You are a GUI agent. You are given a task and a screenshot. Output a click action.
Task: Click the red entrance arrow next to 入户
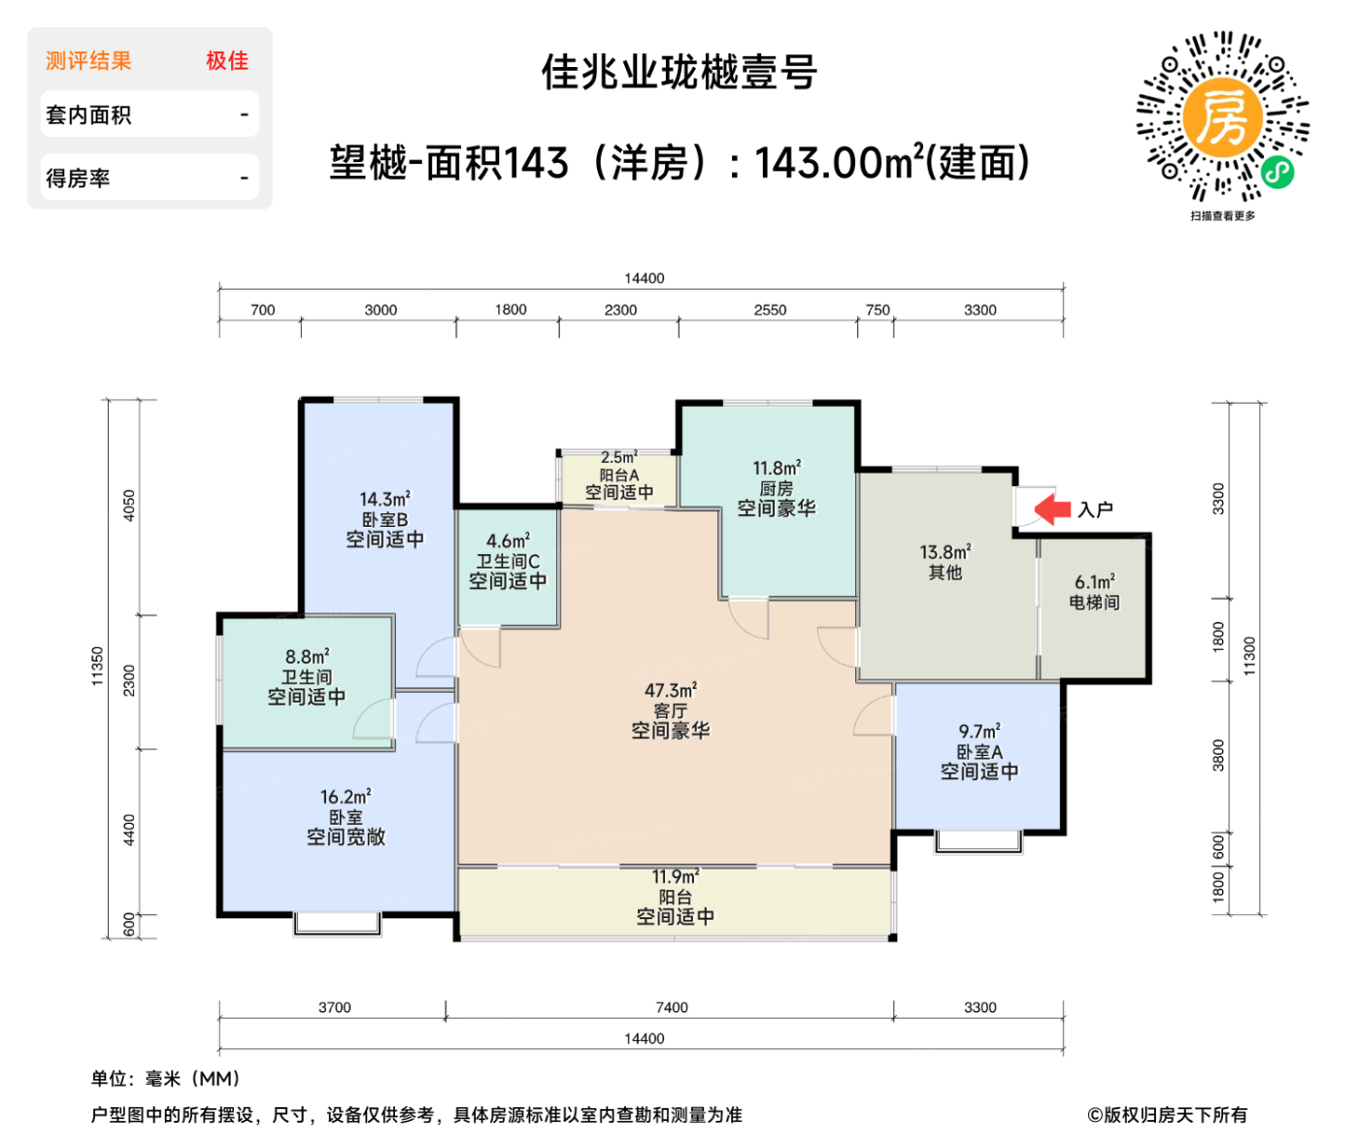[1052, 508]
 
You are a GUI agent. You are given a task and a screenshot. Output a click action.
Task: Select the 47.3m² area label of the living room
[671, 691]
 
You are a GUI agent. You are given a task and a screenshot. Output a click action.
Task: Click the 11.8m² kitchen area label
[777, 469]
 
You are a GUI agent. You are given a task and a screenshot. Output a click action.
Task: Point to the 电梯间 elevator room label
[1094, 603]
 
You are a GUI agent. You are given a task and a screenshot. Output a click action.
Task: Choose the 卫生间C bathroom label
[507, 561]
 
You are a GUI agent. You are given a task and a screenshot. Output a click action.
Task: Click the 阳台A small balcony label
[618, 476]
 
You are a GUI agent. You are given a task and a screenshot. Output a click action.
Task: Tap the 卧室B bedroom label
[384, 520]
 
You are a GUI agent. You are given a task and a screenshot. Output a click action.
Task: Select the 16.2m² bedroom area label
[346, 797]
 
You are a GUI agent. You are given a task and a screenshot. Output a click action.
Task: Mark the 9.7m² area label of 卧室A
[979, 732]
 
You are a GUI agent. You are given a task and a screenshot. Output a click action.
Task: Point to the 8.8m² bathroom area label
[307, 657]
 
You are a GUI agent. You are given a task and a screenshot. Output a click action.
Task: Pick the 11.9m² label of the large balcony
[675, 877]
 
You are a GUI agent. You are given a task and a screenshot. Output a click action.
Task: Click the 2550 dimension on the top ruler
[770, 311]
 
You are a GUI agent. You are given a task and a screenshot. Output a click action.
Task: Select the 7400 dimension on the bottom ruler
[671, 1007]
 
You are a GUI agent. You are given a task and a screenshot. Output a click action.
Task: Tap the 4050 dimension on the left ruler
[129, 506]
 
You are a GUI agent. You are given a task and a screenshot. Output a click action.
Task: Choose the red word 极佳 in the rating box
[227, 61]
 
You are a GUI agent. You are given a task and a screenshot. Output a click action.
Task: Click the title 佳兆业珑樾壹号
[679, 73]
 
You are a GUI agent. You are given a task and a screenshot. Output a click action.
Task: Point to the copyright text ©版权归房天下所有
[1167, 1115]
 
